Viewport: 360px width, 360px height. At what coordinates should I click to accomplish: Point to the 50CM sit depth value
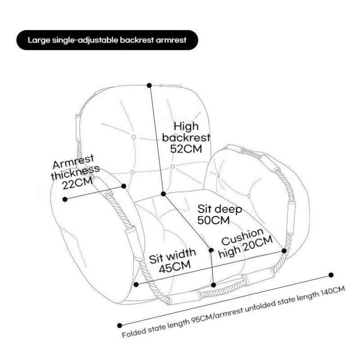214,220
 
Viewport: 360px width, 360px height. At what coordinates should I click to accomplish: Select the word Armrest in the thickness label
74,162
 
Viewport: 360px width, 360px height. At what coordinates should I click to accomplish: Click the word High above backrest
186,126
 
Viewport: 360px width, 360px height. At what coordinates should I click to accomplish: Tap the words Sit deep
220,209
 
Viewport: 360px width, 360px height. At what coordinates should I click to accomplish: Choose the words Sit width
172,255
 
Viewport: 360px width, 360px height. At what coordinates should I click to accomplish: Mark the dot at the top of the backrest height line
149,85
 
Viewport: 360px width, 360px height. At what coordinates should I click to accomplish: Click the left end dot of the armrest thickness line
65,198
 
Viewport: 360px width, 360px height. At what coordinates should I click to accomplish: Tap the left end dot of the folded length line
119,325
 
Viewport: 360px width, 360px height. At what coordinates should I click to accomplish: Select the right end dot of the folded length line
331,275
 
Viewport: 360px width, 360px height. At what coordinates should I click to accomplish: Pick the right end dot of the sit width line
284,251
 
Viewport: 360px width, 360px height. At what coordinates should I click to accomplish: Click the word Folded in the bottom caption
134,335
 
